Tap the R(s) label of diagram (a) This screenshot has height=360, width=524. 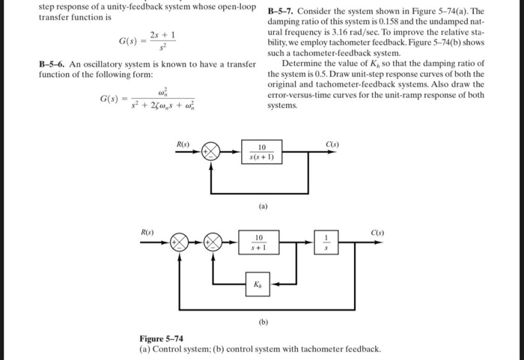(183, 141)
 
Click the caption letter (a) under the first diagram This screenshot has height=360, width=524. (263, 204)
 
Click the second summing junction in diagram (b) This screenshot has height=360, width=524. (214, 242)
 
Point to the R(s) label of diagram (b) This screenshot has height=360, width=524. (148, 233)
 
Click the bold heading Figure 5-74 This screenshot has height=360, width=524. (162, 339)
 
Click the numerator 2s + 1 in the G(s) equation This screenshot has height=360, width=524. (162, 34)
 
